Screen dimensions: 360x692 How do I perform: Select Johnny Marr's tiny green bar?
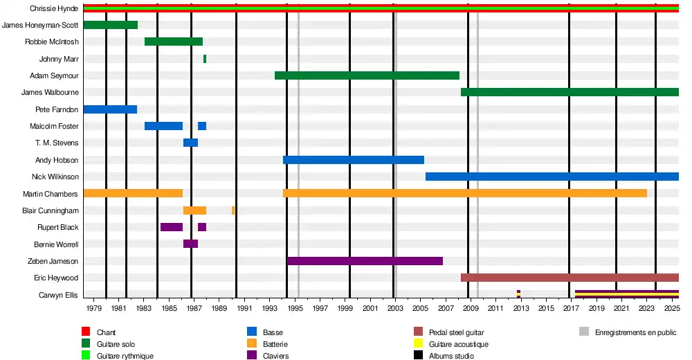(x=205, y=59)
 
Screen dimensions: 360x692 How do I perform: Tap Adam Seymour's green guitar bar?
(x=367, y=75)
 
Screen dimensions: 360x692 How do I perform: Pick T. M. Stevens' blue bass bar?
(x=190, y=143)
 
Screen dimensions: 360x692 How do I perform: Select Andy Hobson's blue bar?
(x=353, y=160)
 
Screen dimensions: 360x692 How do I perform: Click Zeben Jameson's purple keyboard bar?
(x=365, y=261)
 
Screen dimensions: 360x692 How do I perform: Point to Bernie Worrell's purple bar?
(x=190, y=244)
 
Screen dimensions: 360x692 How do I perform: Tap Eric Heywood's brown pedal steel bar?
(x=570, y=278)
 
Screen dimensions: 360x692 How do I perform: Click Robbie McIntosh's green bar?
(x=173, y=42)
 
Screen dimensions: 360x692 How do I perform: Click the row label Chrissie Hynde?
(x=54, y=8)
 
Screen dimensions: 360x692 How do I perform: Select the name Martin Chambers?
(x=51, y=194)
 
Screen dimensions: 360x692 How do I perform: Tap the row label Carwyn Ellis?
(x=58, y=295)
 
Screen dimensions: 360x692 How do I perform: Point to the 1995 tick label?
(x=295, y=307)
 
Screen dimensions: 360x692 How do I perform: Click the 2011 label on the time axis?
(x=495, y=307)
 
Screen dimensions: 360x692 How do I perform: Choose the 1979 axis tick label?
(x=94, y=307)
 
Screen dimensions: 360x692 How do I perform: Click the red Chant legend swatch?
(x=86, y=333)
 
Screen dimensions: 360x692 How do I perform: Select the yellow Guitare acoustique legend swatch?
(x=418, y=344)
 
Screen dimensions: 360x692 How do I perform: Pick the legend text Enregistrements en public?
(x=635, y=333)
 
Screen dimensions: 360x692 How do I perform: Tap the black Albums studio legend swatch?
(x=418, y=356)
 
